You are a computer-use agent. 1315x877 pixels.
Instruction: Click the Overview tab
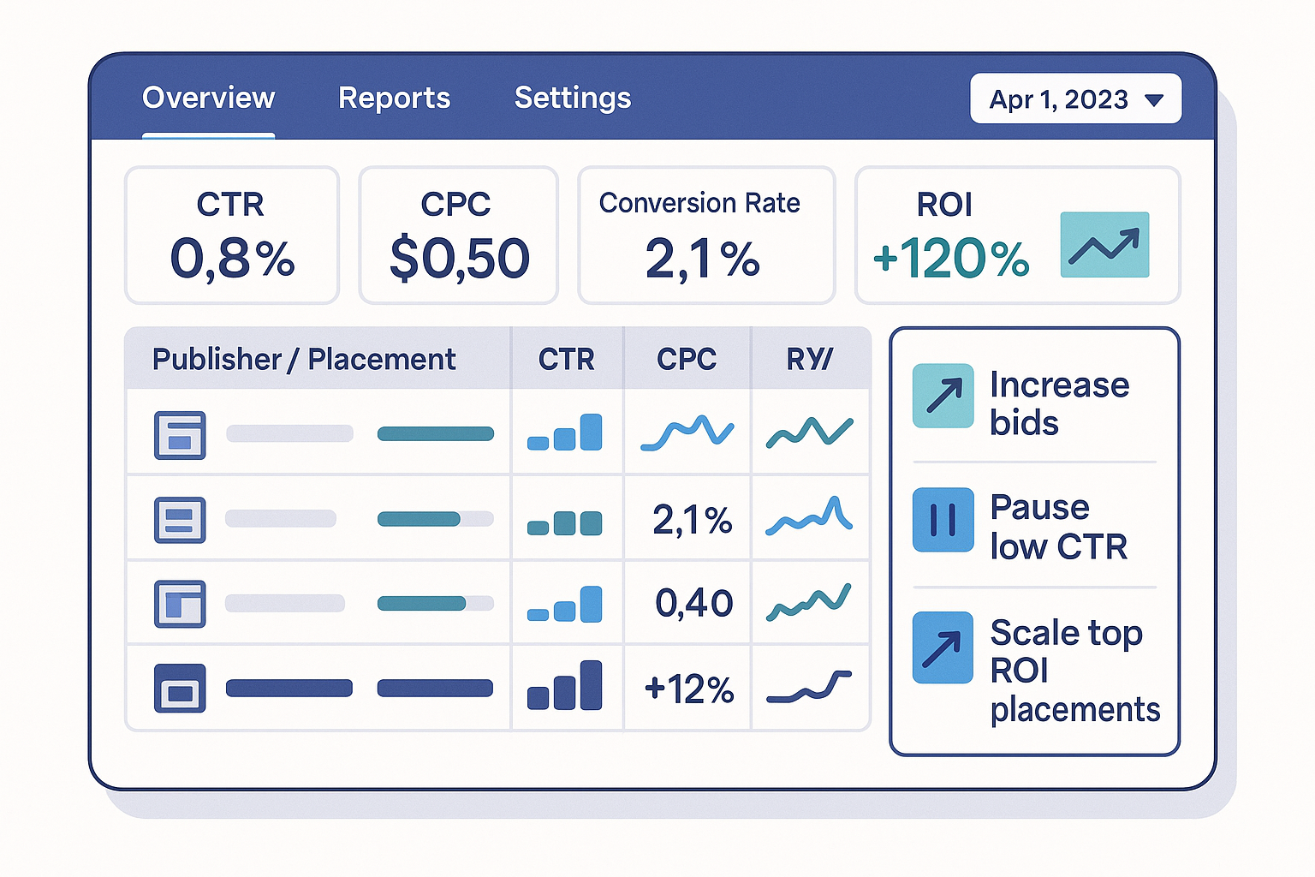208,98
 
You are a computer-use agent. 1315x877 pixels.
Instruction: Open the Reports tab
394,98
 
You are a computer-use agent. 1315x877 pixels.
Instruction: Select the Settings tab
572,98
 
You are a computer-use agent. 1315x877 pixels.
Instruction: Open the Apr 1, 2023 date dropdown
1075,98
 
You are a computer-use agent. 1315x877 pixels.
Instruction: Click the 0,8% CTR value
232,258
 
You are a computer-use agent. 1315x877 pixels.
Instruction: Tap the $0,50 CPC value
460,258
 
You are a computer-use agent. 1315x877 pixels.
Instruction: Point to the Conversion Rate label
699,203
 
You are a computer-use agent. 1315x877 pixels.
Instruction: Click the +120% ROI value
950,258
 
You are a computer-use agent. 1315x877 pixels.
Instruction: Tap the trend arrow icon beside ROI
1104,245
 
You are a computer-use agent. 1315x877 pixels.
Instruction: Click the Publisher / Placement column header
304,359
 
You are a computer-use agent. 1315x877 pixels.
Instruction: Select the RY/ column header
809,359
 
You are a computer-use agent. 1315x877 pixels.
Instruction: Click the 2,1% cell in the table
692,520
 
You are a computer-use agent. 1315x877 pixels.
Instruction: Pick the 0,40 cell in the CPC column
693,603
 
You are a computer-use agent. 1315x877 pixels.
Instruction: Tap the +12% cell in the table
689,689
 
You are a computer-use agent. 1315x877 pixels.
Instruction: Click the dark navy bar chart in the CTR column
565,686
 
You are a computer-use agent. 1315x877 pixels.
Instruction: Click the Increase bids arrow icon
943,396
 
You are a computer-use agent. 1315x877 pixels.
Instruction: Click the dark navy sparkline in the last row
809,687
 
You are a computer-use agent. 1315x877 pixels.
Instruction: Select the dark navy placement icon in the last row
180,688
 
